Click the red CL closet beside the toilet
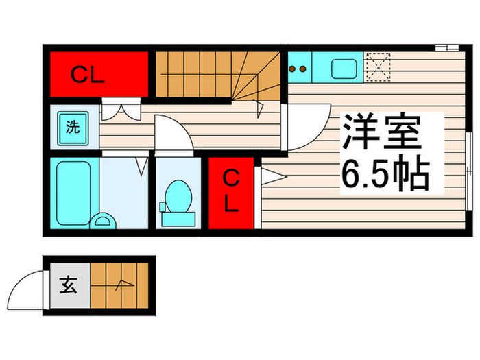231,194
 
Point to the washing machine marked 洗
72,127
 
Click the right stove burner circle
302,69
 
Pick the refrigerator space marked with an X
376,67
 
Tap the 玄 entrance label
69,283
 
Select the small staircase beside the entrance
119,283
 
